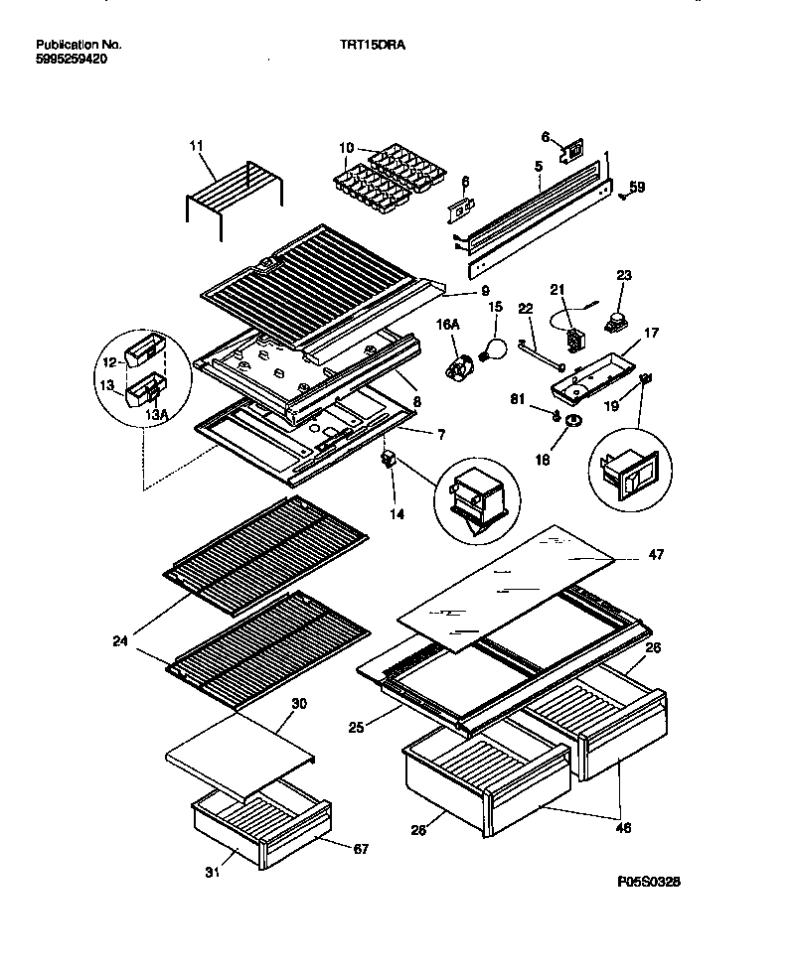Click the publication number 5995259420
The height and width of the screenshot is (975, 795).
coord(72,60)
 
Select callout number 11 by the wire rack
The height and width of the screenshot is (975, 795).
coord(195,146)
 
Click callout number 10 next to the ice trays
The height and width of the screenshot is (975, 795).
coord(346,149)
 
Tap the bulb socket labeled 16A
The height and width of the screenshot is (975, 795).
coord(459,368)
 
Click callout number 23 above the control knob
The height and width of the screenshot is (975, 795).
coord(623,275)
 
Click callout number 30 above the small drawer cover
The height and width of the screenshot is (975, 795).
coord(299,703)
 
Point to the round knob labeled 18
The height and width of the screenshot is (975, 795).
coord(573,423)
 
